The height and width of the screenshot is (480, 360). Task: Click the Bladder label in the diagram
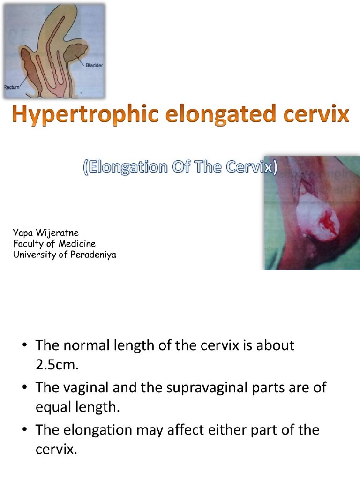94,65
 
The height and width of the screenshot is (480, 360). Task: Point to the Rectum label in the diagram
12,87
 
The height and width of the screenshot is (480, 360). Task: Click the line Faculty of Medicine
54,243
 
